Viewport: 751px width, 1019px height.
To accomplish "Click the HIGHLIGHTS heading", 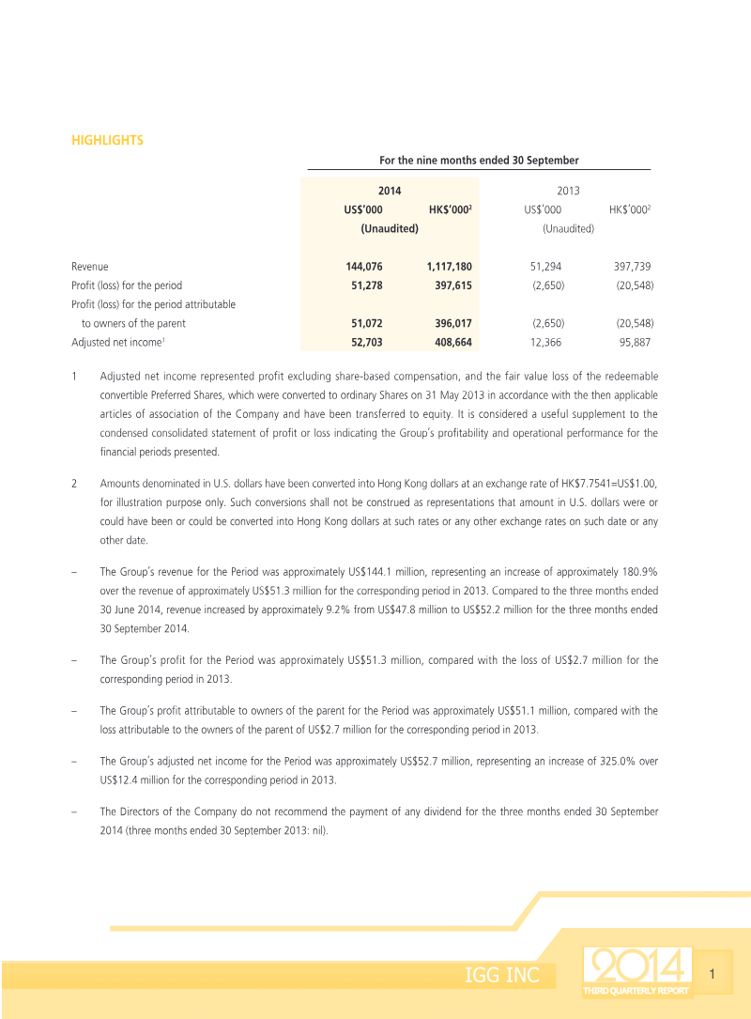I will tap(107, 141).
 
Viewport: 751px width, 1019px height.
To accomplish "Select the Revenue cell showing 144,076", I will tap(364, 267).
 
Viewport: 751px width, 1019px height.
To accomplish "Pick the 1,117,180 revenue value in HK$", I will tap(449, 267).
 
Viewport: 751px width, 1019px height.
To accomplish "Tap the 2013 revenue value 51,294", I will tap(545, 267).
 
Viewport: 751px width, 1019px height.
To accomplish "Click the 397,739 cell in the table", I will tap(634, 267).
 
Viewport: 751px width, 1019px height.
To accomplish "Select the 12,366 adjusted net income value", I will tap(545, 343).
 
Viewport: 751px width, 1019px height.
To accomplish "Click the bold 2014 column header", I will tap(390, 191).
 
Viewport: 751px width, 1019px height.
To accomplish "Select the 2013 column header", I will tap(568, 191).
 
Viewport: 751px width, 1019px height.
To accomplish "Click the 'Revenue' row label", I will tap(90, 267).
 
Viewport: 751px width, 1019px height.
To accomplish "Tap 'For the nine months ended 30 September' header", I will tap(479, 161).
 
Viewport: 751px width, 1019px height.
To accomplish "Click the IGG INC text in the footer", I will tap(502, 976).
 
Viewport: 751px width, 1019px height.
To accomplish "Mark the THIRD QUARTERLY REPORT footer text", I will tap(636, 991).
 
